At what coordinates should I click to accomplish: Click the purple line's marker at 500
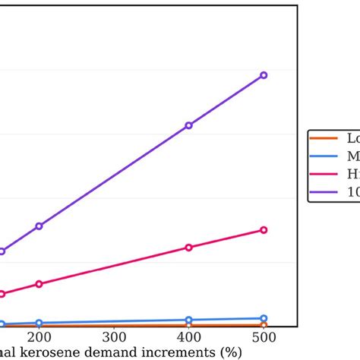264,75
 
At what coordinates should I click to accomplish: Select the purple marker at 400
189,125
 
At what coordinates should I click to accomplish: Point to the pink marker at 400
189,248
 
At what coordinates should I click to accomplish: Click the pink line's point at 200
39,284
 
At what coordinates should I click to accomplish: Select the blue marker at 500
264,318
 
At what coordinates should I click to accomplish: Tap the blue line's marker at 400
189,321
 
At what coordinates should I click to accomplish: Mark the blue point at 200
39,324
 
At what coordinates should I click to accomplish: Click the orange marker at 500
264,326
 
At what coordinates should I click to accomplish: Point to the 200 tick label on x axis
39,336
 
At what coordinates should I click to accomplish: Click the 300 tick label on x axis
114,336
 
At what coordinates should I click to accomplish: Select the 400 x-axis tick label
189,336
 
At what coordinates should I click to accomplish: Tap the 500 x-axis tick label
264,336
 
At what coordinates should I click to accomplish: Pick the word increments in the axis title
176,352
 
